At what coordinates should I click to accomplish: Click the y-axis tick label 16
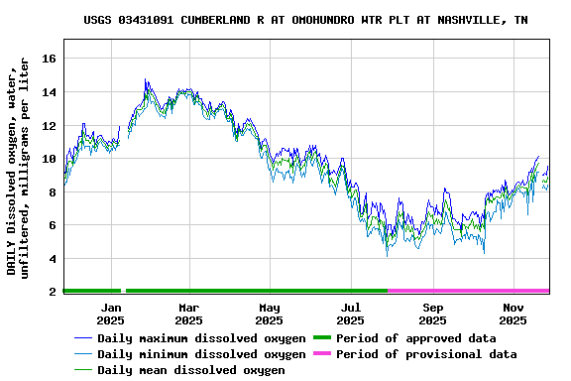pos(48,59)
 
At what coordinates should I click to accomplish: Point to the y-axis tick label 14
pos(48,92)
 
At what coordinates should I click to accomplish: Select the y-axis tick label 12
pos(48,126)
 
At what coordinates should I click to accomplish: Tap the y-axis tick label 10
pos(48,159)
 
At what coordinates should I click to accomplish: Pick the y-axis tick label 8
pos(52,192)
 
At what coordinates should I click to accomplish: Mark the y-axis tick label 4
pos(52,259)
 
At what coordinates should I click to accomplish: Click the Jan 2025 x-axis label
pos(110,315)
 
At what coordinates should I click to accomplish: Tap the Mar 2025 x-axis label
pos(188,315)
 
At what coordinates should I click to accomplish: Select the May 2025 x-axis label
pos(270,315)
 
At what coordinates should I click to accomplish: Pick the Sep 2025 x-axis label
pos(432,315)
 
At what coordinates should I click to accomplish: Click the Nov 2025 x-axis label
pos(513,315)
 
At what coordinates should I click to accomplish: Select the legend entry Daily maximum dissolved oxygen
pos(201,338)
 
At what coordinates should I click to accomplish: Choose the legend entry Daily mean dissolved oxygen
pos(191,370)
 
